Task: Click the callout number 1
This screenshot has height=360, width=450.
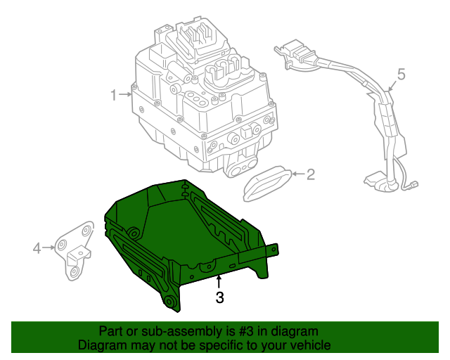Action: pos(114,94)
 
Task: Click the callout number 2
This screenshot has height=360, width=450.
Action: pos(310,174)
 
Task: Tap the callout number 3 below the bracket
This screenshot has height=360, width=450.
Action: pos(219,297)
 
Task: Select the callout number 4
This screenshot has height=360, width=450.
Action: pos(37,247)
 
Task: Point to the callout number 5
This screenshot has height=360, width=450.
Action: pos(401,74)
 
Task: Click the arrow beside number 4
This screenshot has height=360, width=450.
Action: pos(49,247)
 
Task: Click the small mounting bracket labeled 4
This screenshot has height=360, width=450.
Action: pos(76,250)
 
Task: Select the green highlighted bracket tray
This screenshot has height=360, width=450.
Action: pos(183,239)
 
